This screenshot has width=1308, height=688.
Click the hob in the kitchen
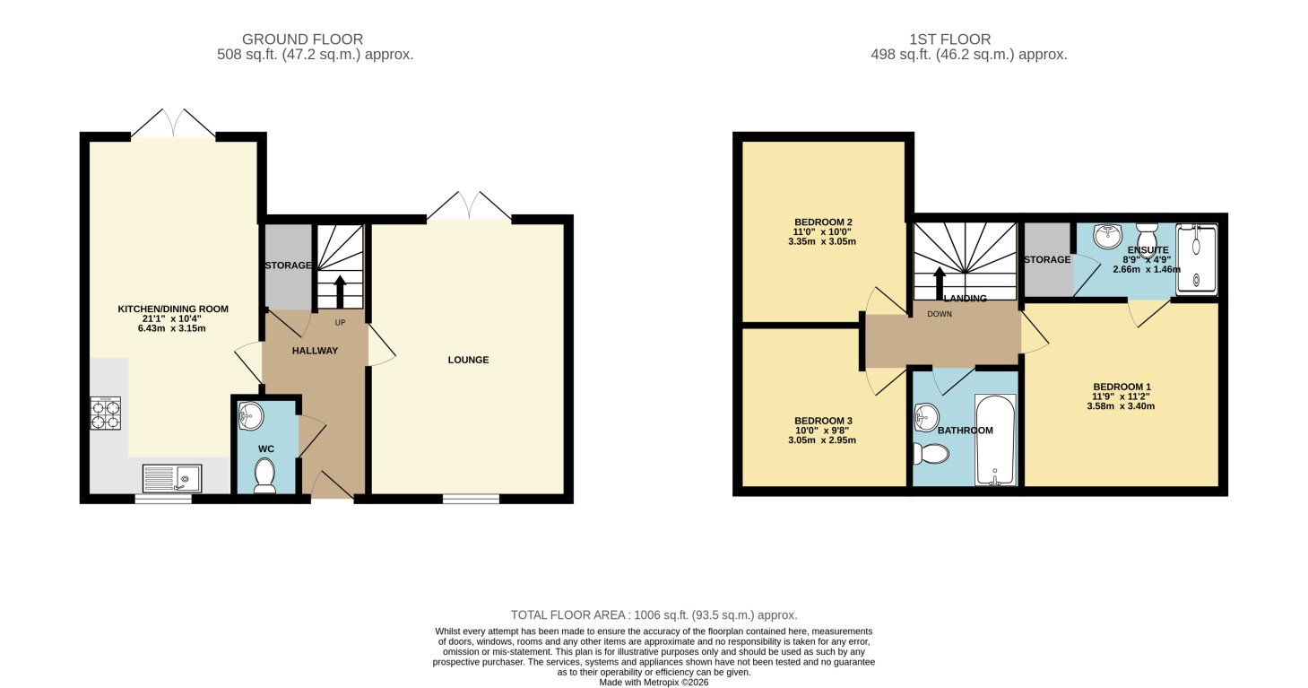pyautogui.click(x=106, y=413)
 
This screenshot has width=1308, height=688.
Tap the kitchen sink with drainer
pyautogui.click(x=171, y=479)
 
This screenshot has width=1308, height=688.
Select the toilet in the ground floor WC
pyautogui.click(x=264, y=475)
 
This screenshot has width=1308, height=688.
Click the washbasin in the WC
pyautogui.click(x=252, y=414)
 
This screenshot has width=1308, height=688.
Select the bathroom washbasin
pyautogui.click(x=926, y=416)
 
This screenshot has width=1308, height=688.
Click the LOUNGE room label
pyautogui.click(x=468, y=361)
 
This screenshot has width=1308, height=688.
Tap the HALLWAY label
pyautogui.click(x=315, y=351)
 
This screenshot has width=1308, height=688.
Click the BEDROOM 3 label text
pyautogui.click(x=823, y=421)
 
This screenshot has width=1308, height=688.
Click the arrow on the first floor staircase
pyautogui.click(x=939, y=281)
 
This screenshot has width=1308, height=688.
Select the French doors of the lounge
pyautogui.click(x=469, y=206)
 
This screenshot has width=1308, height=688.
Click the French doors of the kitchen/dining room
pyautogui.click(x=173, y=124)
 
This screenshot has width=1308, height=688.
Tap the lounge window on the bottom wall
pyautogui.click(x=471, y=499)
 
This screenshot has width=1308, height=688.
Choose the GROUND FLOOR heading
pyautogui.click(x=302, y=39)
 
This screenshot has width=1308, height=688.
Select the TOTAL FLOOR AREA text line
pyautogui.click(x=654, y=615)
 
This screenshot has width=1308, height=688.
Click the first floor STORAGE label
pyautogui.click(x=1047, y=260)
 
